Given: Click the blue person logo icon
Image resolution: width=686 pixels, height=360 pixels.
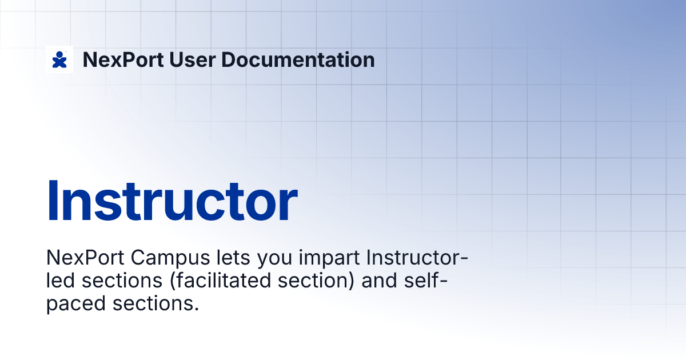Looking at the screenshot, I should [x=59, y=59].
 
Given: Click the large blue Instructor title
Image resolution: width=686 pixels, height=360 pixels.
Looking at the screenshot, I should [x=171, y=201].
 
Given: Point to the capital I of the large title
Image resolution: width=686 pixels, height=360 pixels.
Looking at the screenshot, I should [x=53, y=201].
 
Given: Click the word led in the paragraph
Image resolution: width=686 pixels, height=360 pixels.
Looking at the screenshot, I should [x=61, y=281].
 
